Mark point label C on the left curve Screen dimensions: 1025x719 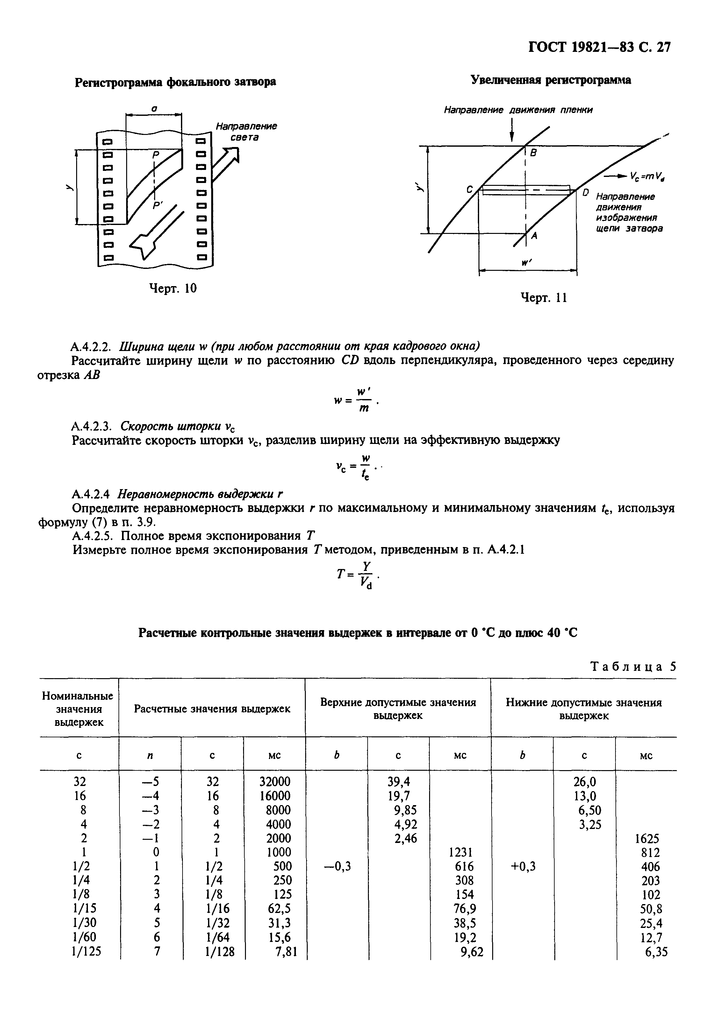470,190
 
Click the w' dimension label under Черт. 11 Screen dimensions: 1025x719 526,263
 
